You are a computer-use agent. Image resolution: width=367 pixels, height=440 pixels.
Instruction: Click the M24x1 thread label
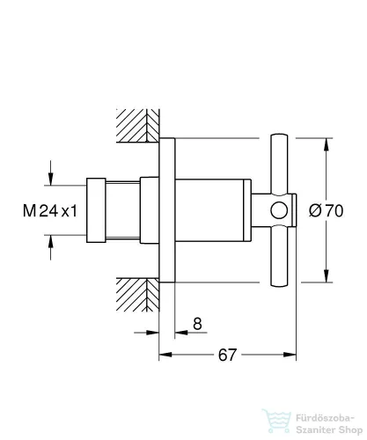tap(50, 211)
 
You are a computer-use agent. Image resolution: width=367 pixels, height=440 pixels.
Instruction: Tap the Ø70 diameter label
tap(326, 210)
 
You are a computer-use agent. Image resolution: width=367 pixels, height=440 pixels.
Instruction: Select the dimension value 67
tap(227, 355)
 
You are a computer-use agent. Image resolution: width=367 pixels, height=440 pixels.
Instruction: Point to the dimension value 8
tap(198, 324)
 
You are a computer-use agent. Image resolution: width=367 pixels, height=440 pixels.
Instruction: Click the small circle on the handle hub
tap(279, 210)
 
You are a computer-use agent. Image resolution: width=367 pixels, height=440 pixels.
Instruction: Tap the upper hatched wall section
tap(138, 126)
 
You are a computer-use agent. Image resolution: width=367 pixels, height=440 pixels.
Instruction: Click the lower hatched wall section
tap(138, 295)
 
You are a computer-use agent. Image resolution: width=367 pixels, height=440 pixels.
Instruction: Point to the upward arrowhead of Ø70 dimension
tap(327, 144)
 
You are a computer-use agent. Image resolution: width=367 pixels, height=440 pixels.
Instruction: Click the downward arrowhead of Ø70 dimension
tap(327, 276)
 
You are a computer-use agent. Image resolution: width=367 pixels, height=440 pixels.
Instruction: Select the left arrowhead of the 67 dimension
tap(165, 355)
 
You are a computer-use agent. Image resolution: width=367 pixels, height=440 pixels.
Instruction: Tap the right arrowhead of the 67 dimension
tap(290, 355)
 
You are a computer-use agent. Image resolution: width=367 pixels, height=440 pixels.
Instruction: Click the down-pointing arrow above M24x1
tap(51, 173)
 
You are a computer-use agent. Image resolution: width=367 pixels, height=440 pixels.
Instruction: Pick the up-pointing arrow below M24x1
tap(51, 247)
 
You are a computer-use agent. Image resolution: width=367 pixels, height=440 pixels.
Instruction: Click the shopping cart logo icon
tap(276, 422)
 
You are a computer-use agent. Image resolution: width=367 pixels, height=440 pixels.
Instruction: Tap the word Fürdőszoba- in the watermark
tap(326, 418)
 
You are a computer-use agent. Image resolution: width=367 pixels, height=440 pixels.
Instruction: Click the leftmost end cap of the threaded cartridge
tap(96, 210)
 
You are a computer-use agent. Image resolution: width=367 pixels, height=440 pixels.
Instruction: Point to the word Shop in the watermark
tap(350, 430)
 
